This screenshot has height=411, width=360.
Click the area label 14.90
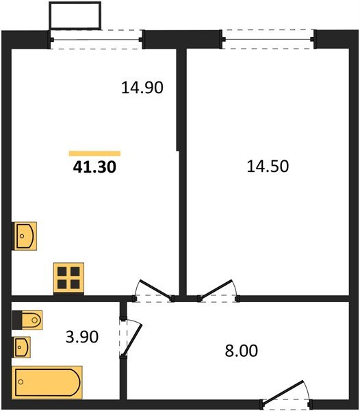[142, 88]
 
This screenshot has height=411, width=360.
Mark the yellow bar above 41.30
[94, 153]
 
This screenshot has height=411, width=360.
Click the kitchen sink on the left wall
[25, 237]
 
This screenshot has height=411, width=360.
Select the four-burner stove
[69, 278]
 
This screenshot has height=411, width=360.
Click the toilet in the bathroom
[27, 320]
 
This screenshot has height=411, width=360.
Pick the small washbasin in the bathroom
[22, 347]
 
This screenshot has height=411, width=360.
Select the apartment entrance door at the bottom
[286, 393]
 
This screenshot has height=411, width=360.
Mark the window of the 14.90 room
[98, 39]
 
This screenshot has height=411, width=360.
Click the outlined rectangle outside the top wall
[75, 15]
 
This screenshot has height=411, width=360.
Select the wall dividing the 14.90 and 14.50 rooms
[182, 171]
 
